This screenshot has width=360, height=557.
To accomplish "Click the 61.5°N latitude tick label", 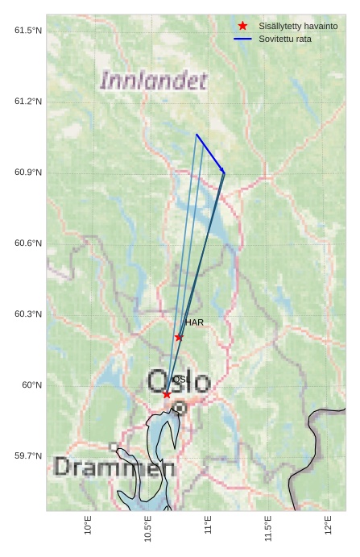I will tap(28, 31).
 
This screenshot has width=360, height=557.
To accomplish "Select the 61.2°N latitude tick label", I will tap(28, 102).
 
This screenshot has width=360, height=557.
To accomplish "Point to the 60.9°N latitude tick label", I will tap(28, 173).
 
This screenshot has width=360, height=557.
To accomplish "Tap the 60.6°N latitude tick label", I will tap(28, 243).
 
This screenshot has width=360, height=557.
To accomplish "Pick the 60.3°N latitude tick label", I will tap(28, 314).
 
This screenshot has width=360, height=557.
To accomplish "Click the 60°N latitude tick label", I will tap(31, 385).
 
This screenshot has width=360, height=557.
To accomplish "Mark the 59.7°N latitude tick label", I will tap(28, 456).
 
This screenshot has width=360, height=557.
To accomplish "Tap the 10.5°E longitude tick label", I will tap(148, 529).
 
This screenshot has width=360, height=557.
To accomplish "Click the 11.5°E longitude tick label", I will tap(268, 529).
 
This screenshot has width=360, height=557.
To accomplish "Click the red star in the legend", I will tap(242, 26).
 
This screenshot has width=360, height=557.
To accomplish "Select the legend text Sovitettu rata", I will tap(285, 39).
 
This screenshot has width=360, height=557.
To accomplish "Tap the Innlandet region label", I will tap(154, 81).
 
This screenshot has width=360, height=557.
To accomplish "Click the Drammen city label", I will tap(114, 468).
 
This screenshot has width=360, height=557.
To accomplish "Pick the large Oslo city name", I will tap(179, 382).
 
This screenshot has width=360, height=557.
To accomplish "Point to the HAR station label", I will tap(195, 322).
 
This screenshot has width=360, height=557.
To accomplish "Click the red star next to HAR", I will tap(179, 337).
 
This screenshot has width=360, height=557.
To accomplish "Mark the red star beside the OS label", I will tap(167, 394).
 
